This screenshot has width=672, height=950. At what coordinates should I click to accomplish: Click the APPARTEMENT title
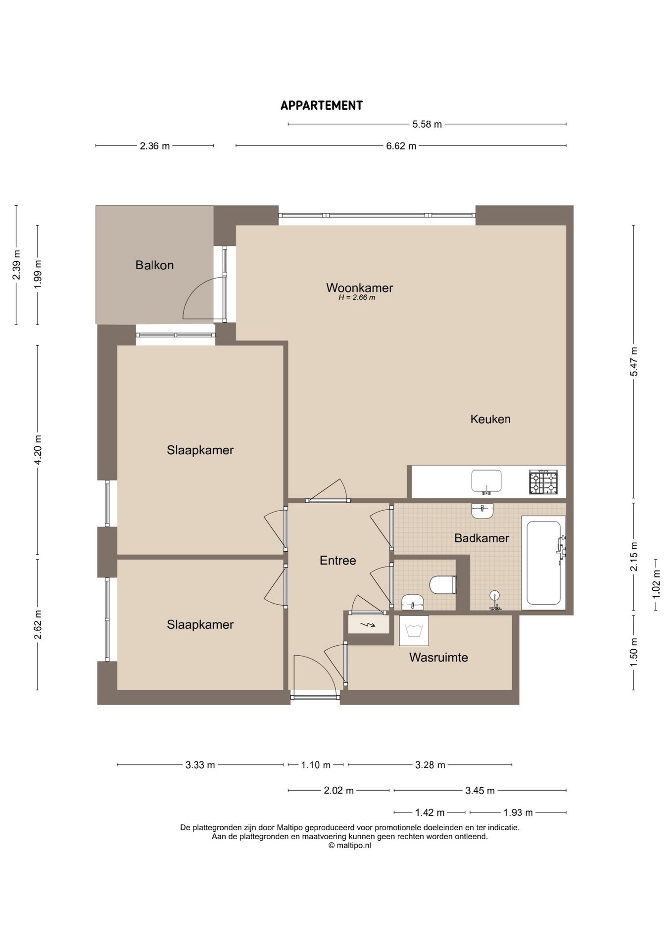click(x=322, y=105)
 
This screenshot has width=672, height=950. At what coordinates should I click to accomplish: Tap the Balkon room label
click(x=154, y=265)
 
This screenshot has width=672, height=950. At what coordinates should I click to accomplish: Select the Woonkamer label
click(x=360, y=287)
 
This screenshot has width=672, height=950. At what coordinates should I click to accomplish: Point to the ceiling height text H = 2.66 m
click(x=357, y=298)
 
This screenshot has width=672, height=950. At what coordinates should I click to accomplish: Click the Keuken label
click(x=490, y=419)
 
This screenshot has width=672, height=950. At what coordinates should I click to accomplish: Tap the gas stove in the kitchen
click(x=543, y=482)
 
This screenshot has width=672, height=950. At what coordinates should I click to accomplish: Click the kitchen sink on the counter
click(x=486, y=481)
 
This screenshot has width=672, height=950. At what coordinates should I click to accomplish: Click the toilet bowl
click(x=442, y=585)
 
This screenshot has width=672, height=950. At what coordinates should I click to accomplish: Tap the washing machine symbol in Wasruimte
click(x=414, y=630)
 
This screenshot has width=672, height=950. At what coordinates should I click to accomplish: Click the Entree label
click(x=338, y=561)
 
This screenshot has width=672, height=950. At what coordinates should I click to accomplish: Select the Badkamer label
click(x=481, y=538)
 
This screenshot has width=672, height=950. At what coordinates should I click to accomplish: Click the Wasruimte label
click(x=438, y=658)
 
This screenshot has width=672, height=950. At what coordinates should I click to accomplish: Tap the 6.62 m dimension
click(x=401, y=146)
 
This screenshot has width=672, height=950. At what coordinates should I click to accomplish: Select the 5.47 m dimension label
click(x=634, y=362)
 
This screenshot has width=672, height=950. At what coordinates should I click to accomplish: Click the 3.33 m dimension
click(x=200, y=765)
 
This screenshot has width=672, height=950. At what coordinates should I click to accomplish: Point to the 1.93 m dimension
click(x=518, y=812)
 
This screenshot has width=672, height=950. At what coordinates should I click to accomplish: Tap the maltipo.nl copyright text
click(x=349, y=846)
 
